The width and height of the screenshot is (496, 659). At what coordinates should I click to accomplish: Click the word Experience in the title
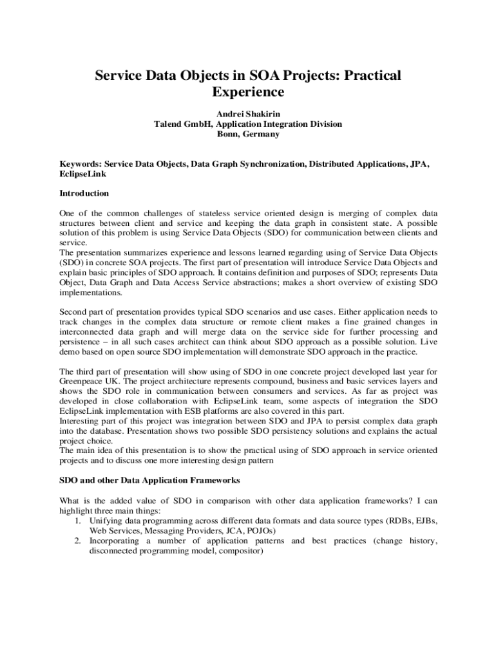click(x=248, y=93)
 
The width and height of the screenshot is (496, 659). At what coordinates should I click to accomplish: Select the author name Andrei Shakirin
click(x=248, y=114)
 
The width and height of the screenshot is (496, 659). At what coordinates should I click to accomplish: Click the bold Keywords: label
click(x=81, y=164)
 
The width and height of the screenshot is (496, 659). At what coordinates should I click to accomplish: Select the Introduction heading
click(x=84, y=193)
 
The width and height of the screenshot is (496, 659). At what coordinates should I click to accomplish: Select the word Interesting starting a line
click(x=81, y=422)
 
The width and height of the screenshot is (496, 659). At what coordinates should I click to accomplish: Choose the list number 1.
click(x=77, y=520)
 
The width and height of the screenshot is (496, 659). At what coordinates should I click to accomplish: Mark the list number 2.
click(x=77, y=541)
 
